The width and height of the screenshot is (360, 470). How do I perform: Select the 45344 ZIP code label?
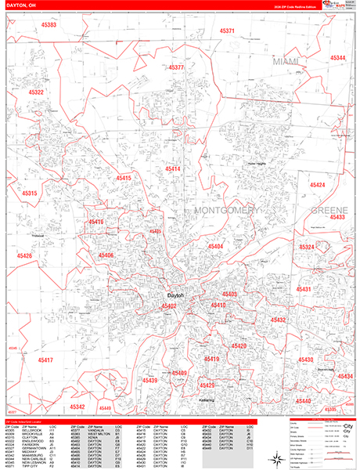pos(338,58)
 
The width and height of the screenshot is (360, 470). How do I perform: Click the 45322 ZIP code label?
pos(36,92)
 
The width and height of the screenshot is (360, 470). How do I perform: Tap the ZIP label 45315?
pos(31,193)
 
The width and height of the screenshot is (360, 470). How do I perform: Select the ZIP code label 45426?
pos(24,256)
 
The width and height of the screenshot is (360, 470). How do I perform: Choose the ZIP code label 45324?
pos(307,247)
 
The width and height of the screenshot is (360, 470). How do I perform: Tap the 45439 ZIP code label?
pos(149,380)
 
